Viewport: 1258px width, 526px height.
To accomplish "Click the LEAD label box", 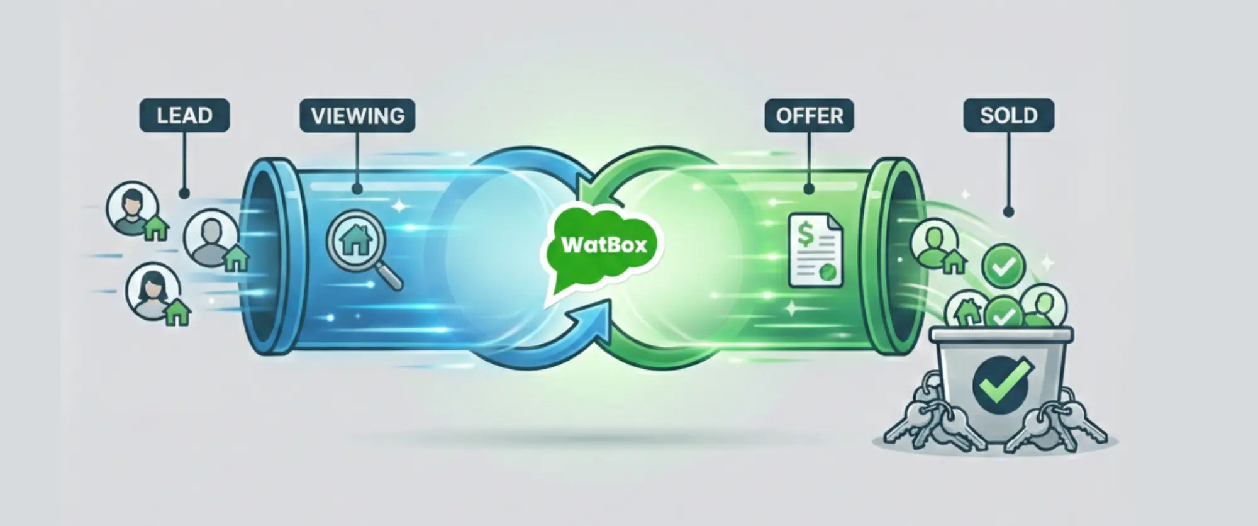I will [184, 116].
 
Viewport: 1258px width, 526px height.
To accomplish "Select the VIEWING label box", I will [357, 116].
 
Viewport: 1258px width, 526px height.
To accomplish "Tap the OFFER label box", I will [809, 116].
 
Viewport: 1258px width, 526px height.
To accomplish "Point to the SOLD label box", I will [1008, 116].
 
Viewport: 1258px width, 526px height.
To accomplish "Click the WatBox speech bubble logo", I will [603, 245].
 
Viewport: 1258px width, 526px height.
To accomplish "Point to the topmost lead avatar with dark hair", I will [132, 208].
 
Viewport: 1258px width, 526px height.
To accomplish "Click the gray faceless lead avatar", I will [210, 238].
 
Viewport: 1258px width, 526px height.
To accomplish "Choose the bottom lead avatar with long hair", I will [152, 291].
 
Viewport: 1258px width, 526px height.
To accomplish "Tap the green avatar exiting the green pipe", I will [934, 243].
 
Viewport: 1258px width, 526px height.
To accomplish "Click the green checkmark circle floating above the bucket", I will [1003, 267].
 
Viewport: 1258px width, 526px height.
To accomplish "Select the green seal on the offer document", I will [827, 272].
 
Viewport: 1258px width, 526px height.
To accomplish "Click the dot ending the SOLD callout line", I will [1008, 212].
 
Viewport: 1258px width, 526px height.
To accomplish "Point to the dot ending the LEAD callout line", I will [184, 194].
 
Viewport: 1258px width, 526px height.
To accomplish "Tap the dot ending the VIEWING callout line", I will [357, 188].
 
